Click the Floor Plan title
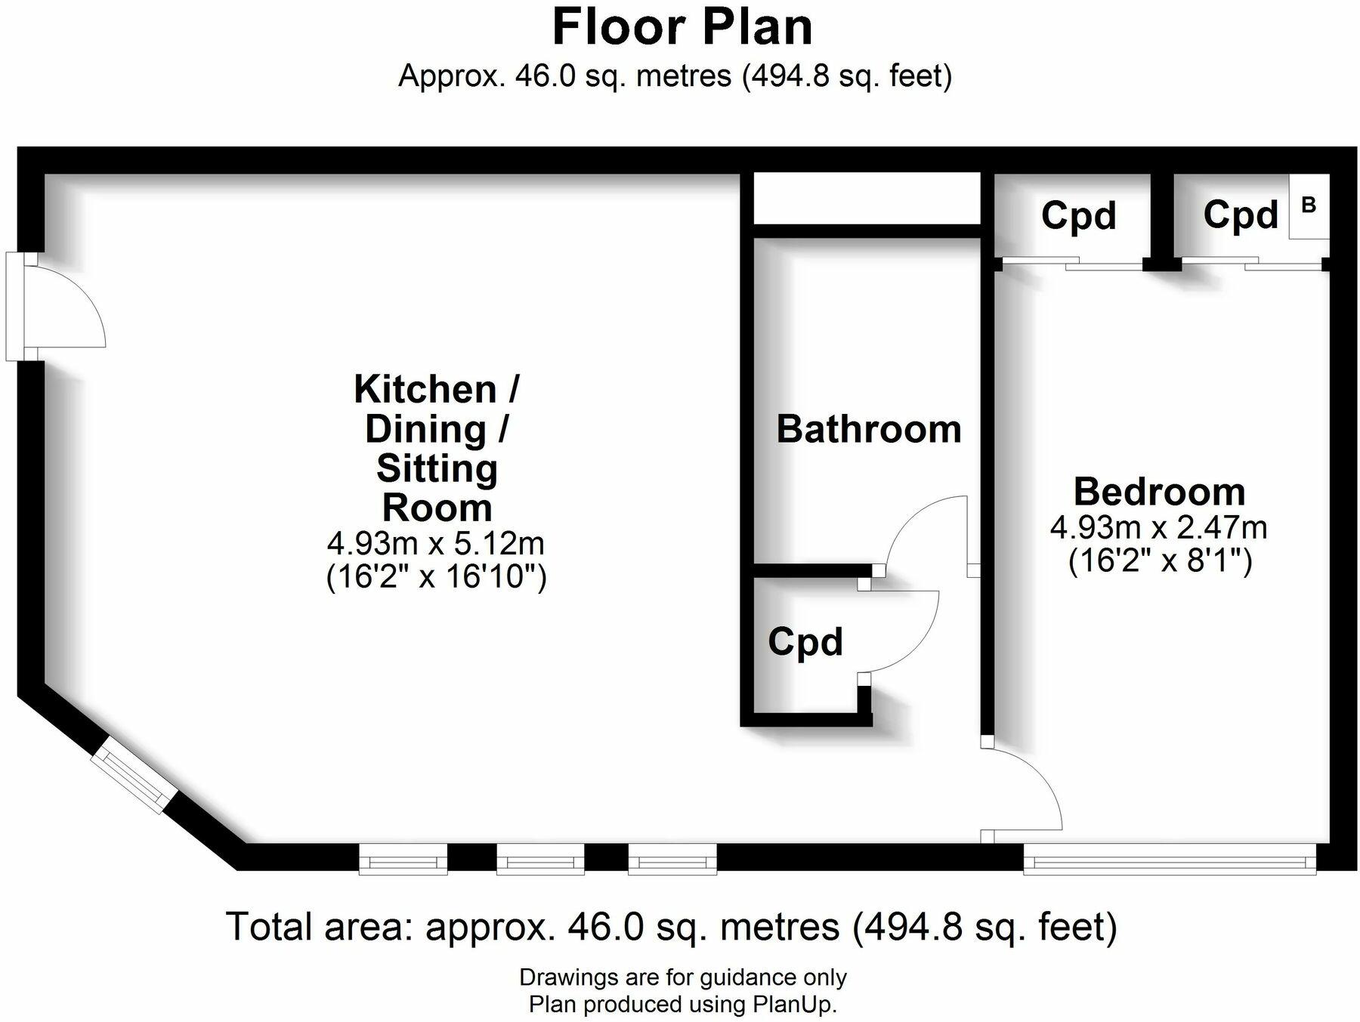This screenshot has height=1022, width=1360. [x=682, y=27]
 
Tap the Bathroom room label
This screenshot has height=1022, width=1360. [x=868, y=429]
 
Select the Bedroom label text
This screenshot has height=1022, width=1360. [x=1159, y=492]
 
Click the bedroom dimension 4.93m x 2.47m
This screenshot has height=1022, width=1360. [x=1159, y=527]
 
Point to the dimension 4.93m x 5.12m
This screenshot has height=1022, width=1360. [x=436, y=543]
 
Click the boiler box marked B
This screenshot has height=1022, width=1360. [x=1309, y=206]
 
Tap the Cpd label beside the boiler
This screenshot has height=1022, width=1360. [x=1240, y=215]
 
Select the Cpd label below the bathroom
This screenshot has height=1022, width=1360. [x=805, y=642]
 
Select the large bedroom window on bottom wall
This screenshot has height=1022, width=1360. [x=1169, y=860]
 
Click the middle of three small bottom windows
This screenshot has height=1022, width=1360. [x=540, y=860]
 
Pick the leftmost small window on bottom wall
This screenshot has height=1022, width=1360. [x=403, y=860]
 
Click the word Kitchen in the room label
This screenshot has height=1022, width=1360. [x=425, y=390]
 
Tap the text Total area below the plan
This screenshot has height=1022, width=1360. [x=318, y=926]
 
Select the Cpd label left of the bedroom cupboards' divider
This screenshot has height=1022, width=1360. [x=1078, y=216]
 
